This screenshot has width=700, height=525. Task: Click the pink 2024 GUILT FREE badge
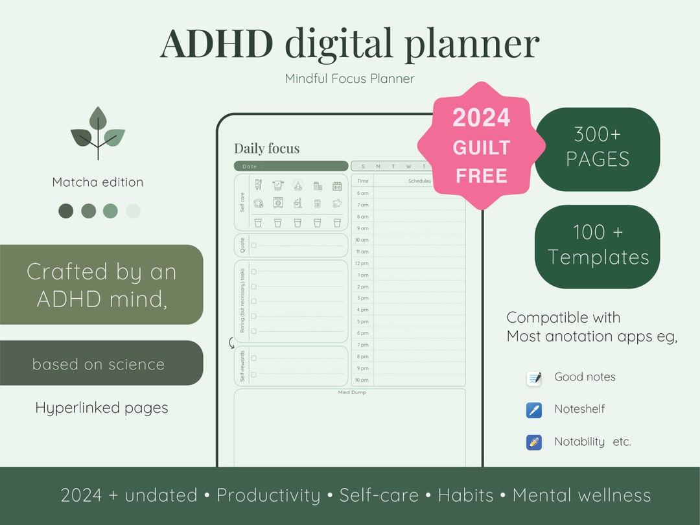(x=481, y=146)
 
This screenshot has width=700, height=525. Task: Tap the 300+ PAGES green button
(x=597, y=148)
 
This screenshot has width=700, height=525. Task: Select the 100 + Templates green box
(x=597, y=246)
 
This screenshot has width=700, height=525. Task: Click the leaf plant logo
(x=98, y=133)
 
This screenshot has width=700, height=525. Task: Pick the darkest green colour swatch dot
(x=66, y=211)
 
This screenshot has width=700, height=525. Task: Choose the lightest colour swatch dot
(x=133, y=211)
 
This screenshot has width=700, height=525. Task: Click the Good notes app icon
(x=534, y=378)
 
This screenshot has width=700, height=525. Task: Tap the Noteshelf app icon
(x=534, y=410)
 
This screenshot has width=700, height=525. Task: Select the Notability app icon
(x=534, y=443)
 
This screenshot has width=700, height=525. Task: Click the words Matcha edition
(x=98, y=182)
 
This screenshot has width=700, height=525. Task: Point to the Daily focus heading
(x=267, y=148)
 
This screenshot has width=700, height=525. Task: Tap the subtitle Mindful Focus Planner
(x=349, y=78)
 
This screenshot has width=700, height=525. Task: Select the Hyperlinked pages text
(x=102, y=408)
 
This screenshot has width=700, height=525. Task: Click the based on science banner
(x=99, y=364)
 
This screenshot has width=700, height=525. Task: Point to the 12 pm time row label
(x=362, y=263)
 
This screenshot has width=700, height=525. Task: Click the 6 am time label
(x=362, y=193)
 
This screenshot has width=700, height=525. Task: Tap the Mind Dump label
(x=349, y=393)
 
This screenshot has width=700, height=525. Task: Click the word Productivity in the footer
(x=268, y=495)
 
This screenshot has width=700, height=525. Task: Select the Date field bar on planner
(x=291, y=167)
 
